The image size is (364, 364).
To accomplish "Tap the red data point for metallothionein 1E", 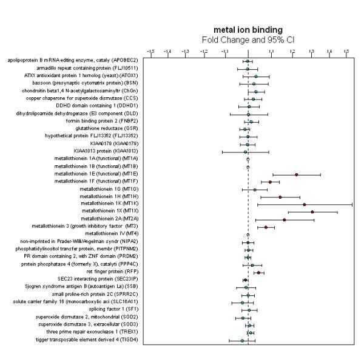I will pos(296,174).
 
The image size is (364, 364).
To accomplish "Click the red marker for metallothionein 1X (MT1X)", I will pos(312,212).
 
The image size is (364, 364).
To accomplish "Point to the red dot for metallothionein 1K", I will pos(304,204).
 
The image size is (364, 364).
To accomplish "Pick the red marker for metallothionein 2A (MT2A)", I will pos(284,219).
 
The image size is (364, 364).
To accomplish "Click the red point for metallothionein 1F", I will pos(270,182).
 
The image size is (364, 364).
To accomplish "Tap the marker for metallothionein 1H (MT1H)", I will pos(280,197).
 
